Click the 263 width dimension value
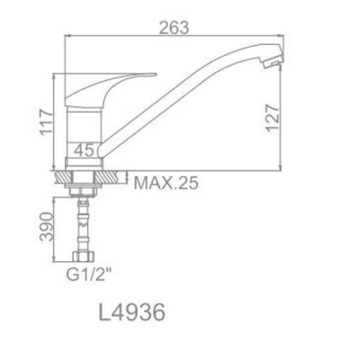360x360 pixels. [x=175, y=28]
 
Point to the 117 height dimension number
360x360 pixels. [x=47, y=122]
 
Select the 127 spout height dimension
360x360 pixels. [x=273, y=118]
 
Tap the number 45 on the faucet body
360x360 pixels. [x=84, y=149]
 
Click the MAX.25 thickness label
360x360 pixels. [x=166, y=183]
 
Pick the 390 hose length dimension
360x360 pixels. [x=47, y=227]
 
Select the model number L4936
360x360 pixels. [x=132, y=312]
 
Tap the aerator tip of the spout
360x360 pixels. [x=273, y=59]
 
